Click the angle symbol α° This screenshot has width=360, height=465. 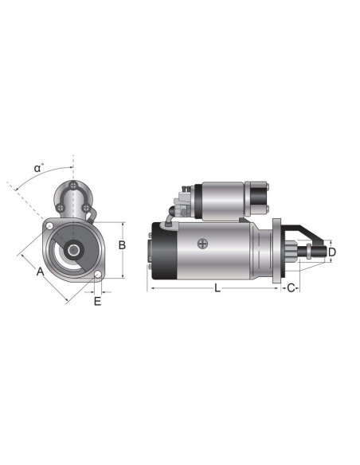[38, 168]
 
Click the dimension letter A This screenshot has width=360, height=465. [39, 272]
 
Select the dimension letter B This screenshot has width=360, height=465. [122, 245]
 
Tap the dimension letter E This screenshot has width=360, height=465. [97, 301]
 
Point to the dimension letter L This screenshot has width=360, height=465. [217, 288]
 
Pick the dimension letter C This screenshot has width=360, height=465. [292, 287]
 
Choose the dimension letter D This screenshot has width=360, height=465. [332, 252]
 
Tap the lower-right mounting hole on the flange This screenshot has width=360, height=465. [97, 277]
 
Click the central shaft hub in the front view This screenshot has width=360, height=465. [73, 250]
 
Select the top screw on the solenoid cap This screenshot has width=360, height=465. [73, 187]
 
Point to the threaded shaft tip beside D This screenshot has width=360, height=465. [322, 253]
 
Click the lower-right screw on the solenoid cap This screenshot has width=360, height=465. [84, 208]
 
